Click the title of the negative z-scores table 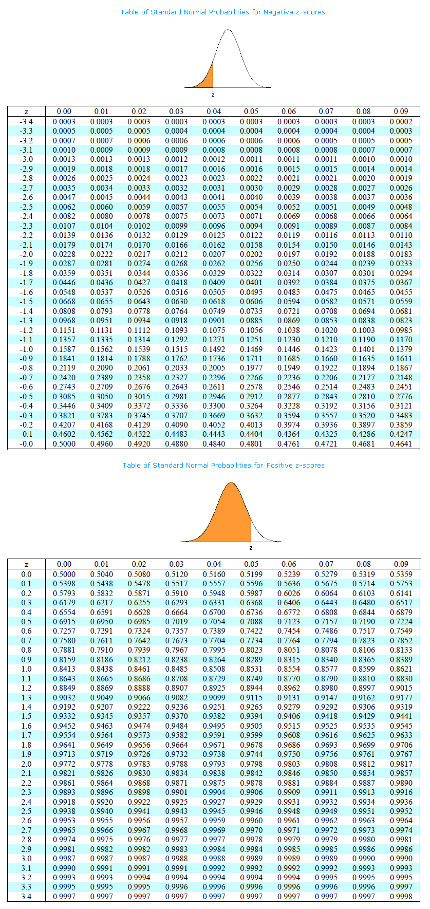pos(222,12)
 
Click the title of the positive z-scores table pos(223,465)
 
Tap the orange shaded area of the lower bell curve pos(226,519)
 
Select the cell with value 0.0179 pos(64,245)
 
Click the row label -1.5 pos(26,302)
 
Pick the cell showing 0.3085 pos(64,397)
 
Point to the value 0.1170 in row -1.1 pos(401,340)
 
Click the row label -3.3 pos(26,131)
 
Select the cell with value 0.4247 pos(401,434)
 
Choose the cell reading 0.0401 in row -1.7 pos(251,283)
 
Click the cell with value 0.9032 pos(64,698)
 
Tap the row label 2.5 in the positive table pos(26,811)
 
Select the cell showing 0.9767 pos(401,754)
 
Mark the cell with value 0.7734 pos(251,641)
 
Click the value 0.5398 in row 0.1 pos(64,584)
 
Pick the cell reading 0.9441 pos(401,716)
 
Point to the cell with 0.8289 pos(251,660)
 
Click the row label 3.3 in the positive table pos(26,887)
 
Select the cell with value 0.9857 pos(401,773)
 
